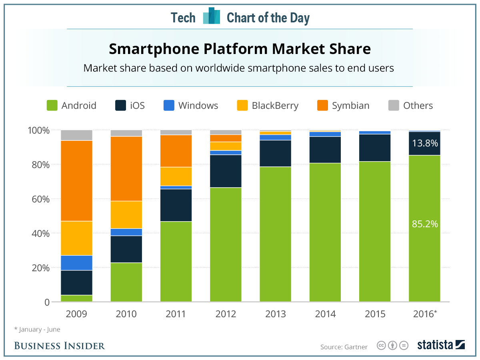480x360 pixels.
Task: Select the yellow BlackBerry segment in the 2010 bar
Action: (126, 215)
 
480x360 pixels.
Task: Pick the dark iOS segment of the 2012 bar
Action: (226, 171)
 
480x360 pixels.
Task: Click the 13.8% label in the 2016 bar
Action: (425, 143)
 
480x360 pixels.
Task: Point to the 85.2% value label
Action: (425, 224)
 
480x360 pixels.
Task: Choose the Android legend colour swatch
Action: (52, 106)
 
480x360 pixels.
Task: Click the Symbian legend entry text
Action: (350, 106)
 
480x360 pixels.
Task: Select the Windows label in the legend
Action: (198, 106)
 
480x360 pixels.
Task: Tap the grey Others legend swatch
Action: (394, 106)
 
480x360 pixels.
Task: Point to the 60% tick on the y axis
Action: (38, 199)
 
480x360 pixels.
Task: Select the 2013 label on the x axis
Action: (275, 314)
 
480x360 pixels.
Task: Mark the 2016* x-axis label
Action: (425, 314)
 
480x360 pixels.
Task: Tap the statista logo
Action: (441, 345)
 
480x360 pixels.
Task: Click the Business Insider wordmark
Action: (60, 346)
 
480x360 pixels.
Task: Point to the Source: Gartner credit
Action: (344, 347)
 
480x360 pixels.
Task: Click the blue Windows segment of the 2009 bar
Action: (76, 263)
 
